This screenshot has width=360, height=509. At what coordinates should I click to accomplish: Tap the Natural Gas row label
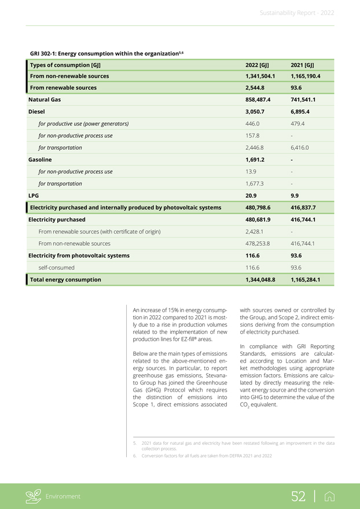point(45,99)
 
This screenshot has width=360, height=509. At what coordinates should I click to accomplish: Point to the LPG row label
point(34,196)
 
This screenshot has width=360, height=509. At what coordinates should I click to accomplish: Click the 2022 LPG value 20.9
point(251,196)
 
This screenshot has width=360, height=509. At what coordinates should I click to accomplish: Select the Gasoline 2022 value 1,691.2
point(255,160)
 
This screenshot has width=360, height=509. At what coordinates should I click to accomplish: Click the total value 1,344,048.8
point(260,279)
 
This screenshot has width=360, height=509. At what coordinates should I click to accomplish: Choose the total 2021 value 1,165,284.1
point(306,279)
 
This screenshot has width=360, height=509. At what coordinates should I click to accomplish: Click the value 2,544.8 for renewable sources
point(255,88)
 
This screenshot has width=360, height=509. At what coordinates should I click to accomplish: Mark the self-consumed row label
point(56,268)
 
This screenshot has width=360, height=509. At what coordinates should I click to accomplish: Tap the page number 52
point(298,496)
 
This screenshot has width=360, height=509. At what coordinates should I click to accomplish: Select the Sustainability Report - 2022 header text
point(297,12)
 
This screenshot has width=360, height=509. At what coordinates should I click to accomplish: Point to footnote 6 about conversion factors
point(205,456)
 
